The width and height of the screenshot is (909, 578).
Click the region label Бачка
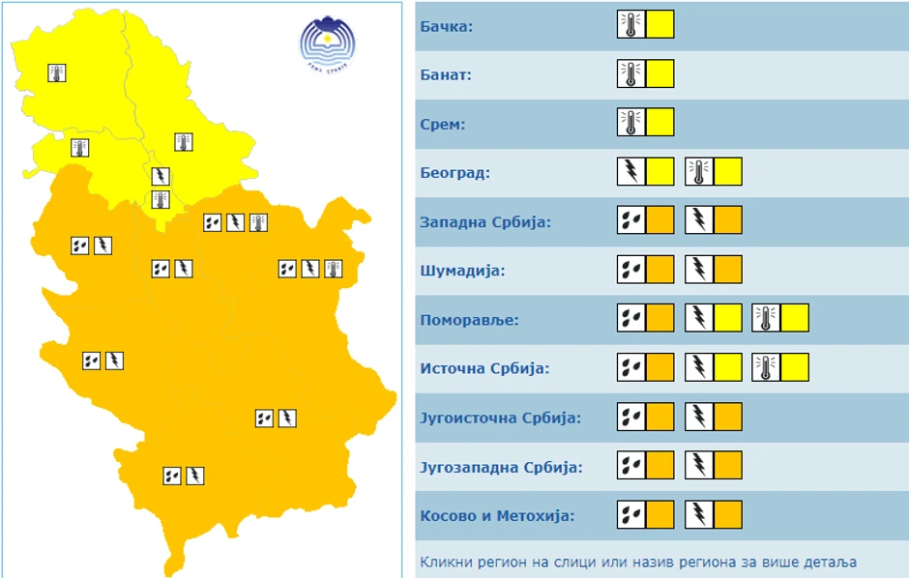point(447,26)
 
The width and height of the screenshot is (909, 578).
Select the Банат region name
point(446,74)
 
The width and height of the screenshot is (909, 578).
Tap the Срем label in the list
point(443,124)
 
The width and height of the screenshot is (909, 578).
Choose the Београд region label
point(455,173)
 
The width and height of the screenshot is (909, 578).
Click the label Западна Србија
point(485,222)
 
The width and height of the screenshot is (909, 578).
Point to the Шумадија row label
point(463,271)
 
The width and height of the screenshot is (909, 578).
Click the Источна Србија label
point(484,368)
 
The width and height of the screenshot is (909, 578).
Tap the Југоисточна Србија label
point(501,419)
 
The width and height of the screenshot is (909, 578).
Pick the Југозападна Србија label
point(502,468)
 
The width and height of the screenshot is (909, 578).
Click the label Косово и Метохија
point(497,516)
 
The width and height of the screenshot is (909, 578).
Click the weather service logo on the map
point(327,43)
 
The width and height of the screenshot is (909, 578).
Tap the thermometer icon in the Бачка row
point(630,25)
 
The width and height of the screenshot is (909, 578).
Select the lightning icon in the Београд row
point(630,172)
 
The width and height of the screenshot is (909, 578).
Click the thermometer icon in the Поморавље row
point(766,318)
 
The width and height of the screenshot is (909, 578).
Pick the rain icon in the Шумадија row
point(630,270)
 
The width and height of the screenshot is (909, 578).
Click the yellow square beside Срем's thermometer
point(660,123)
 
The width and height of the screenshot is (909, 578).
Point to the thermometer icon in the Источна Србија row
point(766,367)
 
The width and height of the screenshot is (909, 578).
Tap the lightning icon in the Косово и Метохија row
point(698,514)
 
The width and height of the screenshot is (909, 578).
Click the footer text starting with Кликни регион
point(638,562)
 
